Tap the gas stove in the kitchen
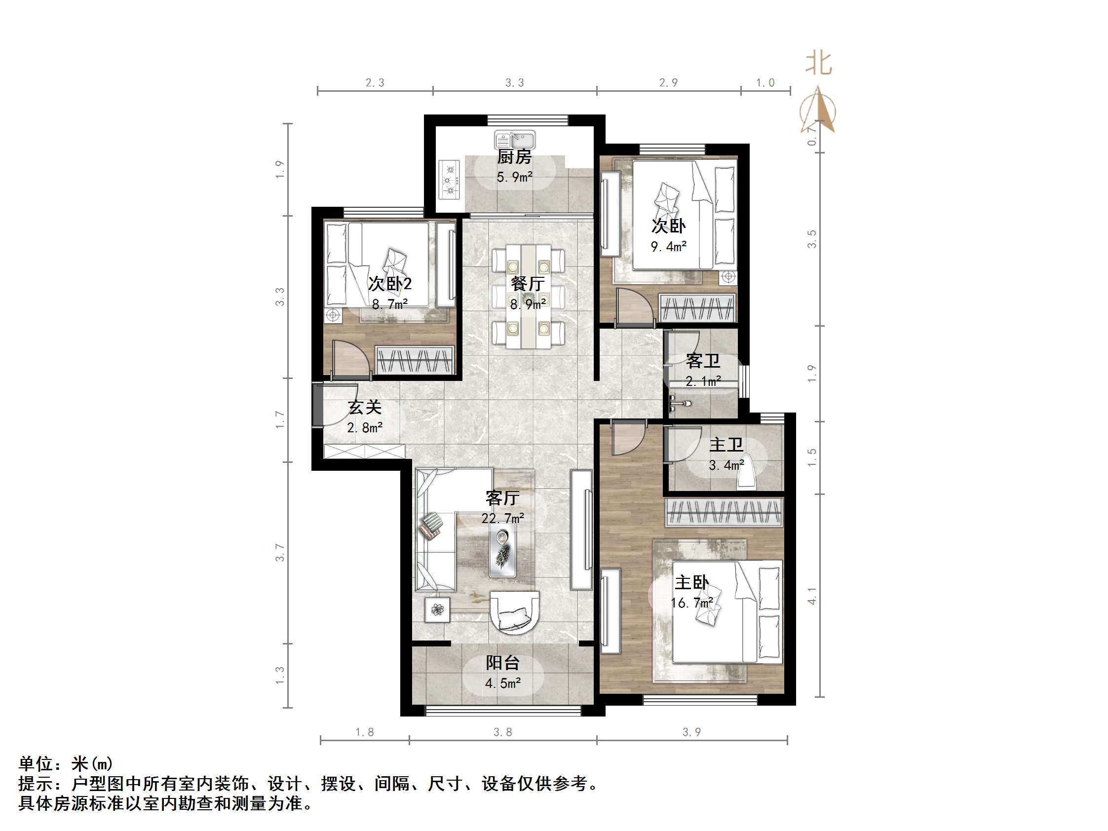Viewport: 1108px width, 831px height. [449, 179]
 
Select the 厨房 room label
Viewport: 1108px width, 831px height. [514, 157]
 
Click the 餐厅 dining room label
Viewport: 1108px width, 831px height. [528, 284]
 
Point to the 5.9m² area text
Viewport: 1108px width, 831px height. [514, 177]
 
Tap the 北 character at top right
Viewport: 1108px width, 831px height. [818, 64]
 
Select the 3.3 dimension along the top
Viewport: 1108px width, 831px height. [514, 82]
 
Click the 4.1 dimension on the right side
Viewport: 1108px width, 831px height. [812, 596]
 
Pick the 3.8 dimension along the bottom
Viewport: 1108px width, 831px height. [502, 732]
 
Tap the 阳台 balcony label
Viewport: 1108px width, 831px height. [502, 663]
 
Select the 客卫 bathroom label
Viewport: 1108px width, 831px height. [703, 361]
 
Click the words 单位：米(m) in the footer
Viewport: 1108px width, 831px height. [66, 763]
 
